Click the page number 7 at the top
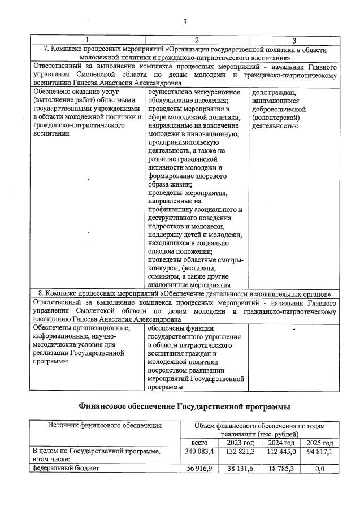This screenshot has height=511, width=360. click(x=185, y=21)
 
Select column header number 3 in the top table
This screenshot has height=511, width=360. click(x=294, y=41)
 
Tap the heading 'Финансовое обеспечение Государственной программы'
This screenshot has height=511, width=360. click(x=184, y=406)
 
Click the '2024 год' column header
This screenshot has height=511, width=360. click(x=281, y=443)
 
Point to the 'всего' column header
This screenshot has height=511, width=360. click(x=199, y=443)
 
